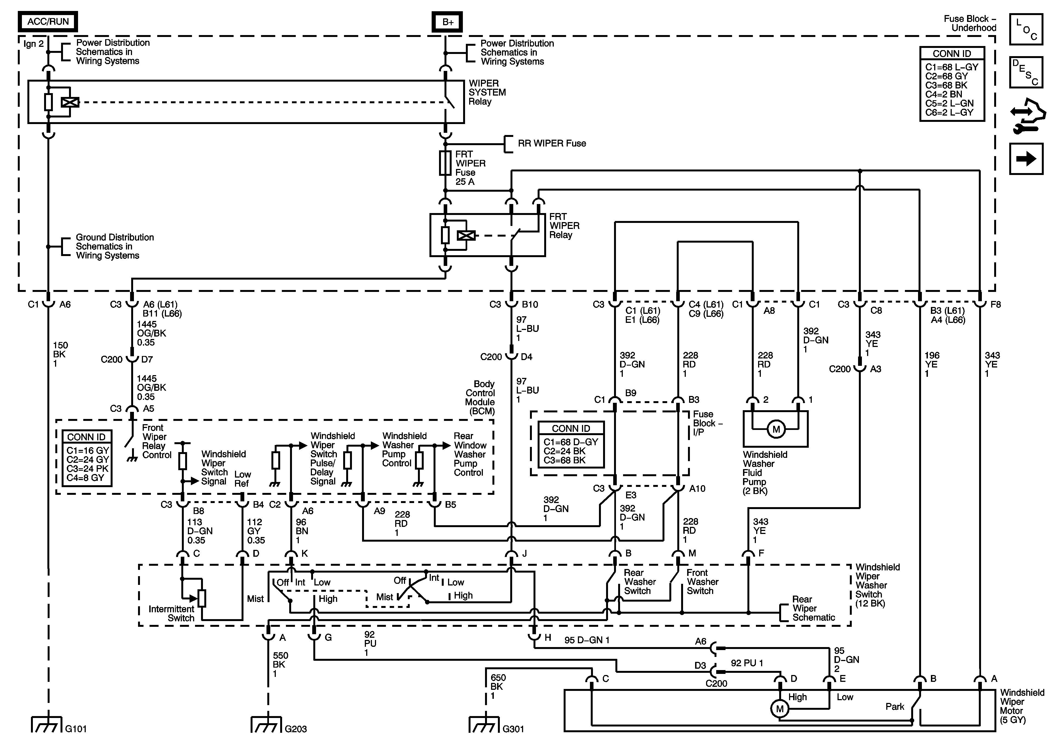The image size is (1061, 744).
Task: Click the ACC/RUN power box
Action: point(48,21)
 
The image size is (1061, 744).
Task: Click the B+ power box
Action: point(447,22)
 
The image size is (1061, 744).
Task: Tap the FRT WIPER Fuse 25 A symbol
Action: point(445,163)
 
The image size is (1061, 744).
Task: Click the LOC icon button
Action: point(1026,29)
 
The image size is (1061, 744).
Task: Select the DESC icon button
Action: point(1026,72)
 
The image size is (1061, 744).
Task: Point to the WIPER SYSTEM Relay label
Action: point(487,93)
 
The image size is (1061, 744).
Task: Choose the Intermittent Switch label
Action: point(171,613)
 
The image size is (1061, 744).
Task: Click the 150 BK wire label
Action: point(60,354)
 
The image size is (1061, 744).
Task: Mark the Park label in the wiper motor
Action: point(895,706)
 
